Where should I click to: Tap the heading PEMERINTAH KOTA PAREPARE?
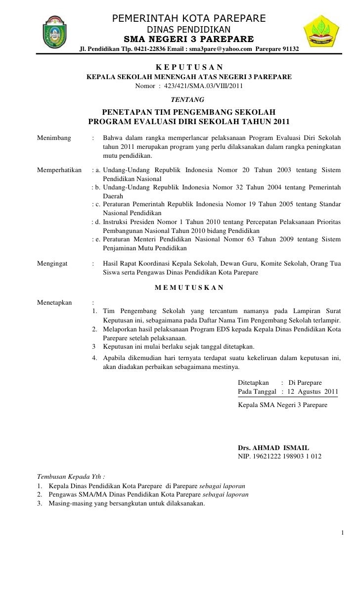click(x=189, y=19)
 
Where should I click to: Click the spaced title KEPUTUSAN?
click(x=189, y=67)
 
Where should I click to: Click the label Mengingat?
click(x=52, y=264)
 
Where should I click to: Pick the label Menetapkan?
click(x=54, y=302)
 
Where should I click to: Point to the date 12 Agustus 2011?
click(x=314, y=392)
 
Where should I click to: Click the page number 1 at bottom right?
click(x=342, y=532)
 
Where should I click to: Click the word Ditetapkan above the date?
click(x=253, y=383)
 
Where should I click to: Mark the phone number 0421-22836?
click(x=154, y=50)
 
